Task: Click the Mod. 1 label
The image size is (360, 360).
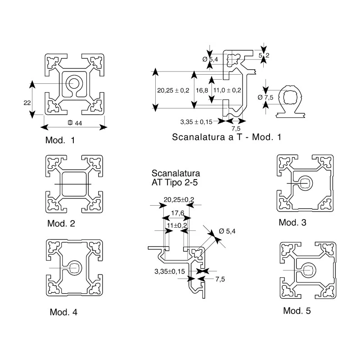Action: point(60,140)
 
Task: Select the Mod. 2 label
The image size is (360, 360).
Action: point(61,223)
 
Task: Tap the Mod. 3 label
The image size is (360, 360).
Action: point(292,222)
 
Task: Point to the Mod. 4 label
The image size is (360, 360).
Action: point(63,312)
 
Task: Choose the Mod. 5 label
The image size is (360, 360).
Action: point(297,311)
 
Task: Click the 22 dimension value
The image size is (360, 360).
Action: point(27,103)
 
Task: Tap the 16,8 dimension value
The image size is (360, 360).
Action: point(202,90)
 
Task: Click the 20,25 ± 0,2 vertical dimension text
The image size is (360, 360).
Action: point(173,90)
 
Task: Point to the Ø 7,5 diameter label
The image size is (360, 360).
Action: point(265,98)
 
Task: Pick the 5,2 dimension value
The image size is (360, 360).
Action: point(264,55)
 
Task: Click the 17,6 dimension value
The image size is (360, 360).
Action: point(177,213)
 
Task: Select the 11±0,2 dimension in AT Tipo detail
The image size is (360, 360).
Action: point(177,225)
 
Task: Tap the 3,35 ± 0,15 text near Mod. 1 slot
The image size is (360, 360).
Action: point(196,122)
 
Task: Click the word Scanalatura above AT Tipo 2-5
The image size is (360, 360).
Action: point(176,173)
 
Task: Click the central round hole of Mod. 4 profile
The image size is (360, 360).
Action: point(74,268)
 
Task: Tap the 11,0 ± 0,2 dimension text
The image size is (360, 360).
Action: point(227,90)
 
